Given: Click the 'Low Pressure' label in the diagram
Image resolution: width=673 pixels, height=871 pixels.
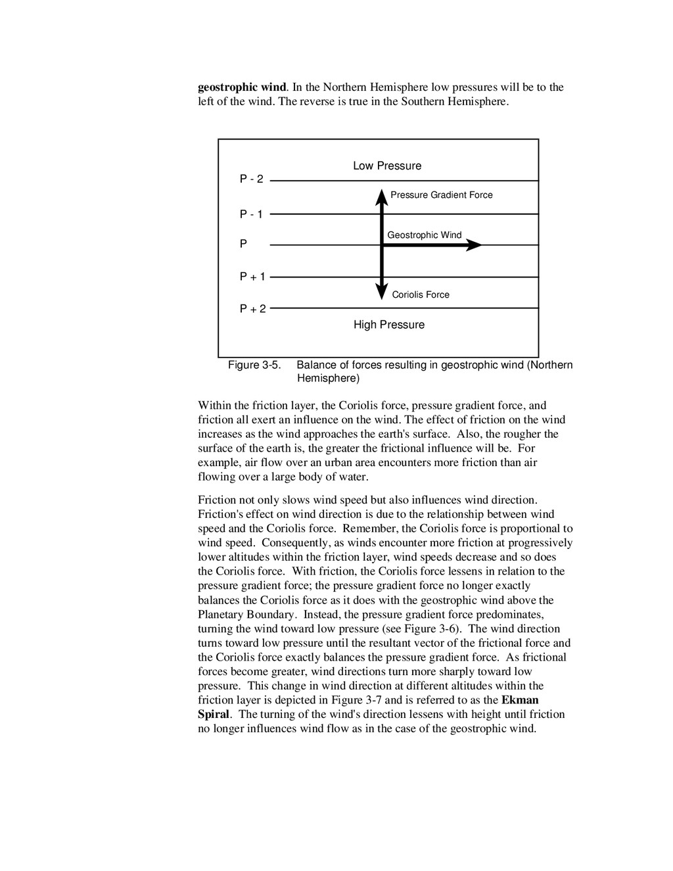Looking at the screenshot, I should click(x=387, y=166).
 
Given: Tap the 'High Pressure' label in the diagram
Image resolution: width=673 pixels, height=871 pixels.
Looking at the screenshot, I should click(x=389, y=325).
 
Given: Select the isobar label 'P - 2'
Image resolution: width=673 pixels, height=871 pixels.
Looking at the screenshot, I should click(x=252, y=179).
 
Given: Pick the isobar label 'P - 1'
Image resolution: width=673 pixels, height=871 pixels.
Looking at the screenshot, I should click(x=252, y=214).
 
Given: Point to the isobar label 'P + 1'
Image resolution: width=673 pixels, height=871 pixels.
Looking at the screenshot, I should click(x=252, y=277).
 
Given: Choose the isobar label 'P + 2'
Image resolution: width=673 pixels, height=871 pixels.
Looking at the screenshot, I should click(x=252, y=308).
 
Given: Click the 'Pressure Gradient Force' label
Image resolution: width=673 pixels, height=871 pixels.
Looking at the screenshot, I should click(x=441, y=195).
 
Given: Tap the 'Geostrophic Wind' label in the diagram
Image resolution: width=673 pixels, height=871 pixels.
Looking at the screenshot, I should click(x=424, y=235).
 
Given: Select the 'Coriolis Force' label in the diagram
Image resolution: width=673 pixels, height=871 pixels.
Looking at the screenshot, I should click(x=421, y=294).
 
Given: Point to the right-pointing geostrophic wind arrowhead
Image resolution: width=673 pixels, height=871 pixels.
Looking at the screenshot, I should click(x=474, y=245).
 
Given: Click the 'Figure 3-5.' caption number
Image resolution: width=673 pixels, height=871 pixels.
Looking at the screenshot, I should click(x=254, y=365).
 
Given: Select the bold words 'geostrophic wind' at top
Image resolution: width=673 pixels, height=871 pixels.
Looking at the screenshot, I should click(x=242, y=87).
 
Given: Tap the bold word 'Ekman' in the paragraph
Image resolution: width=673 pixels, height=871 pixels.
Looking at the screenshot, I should click(x=520, y=700).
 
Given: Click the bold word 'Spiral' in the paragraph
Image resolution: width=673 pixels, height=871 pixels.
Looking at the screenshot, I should click(x=214, y=715).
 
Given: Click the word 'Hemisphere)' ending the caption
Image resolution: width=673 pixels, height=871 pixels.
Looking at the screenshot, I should click(x=328, y=379).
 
